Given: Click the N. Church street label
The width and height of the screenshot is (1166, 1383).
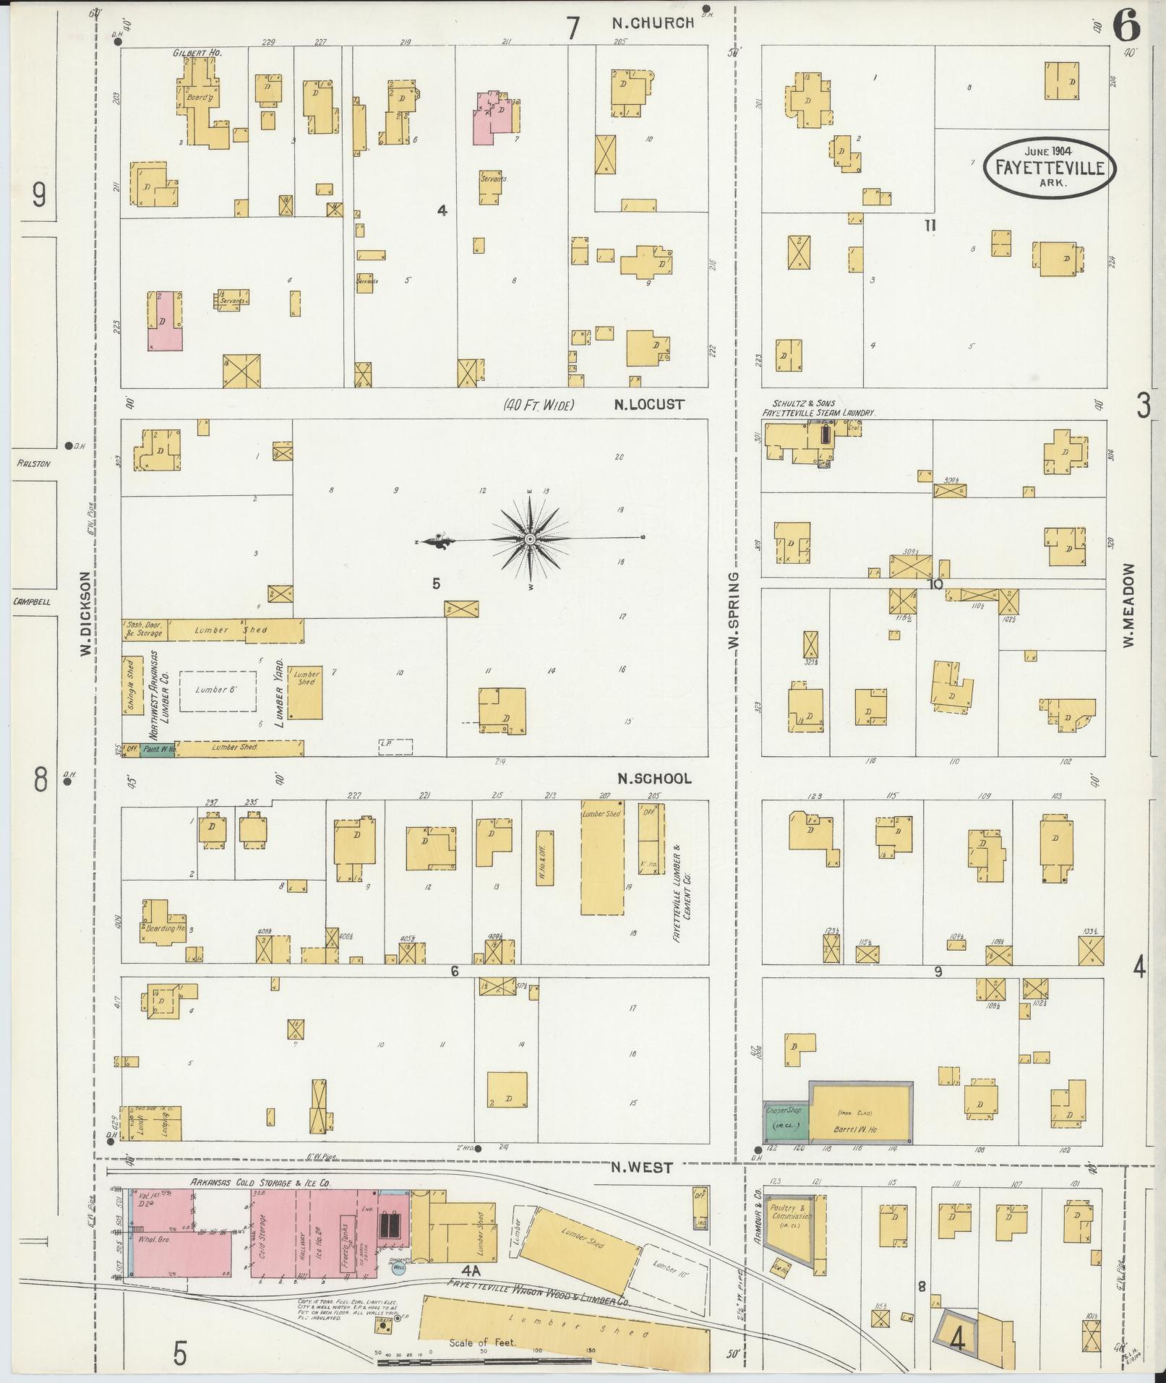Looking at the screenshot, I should (x=652, y=23).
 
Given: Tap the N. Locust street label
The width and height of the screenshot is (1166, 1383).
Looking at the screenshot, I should (x=648, y=405).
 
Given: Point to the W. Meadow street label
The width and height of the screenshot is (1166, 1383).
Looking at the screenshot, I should (x=1128, y=606).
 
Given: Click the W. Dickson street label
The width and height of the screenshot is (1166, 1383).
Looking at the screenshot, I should (x=85, y=615).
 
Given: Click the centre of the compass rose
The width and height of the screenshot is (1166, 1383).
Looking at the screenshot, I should (x=530, y=539).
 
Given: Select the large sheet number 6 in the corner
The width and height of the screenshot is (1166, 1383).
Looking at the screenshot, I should (x=1126, y=27).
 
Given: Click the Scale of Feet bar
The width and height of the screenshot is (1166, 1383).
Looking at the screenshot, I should (x=483, y=1362).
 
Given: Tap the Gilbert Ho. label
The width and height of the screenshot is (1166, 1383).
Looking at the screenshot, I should (x=197, y=53).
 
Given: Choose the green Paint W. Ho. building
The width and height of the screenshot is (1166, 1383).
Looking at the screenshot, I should (x=158, y=750).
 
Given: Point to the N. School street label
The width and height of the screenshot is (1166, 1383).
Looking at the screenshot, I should (x=654, y=779).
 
